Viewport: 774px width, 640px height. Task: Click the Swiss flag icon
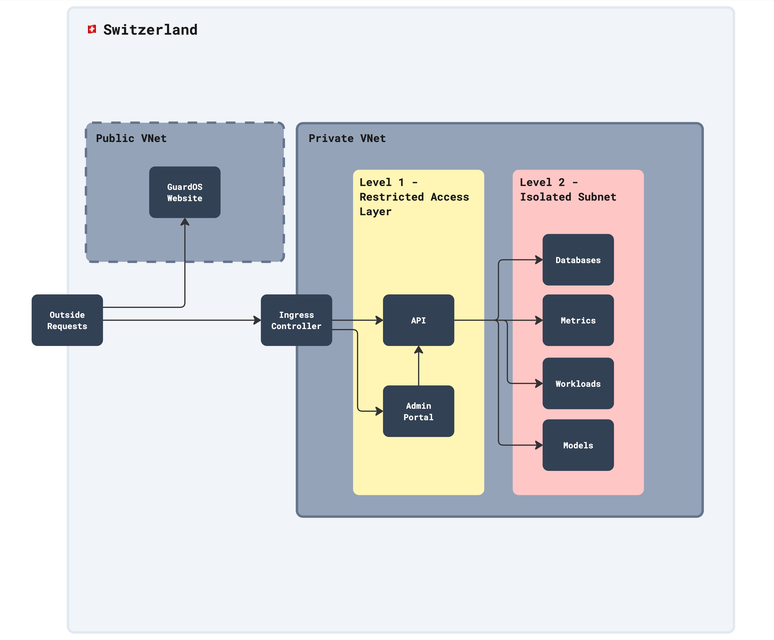click(92, 30)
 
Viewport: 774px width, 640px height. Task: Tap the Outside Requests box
click(67, 320)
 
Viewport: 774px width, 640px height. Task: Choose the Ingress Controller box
click(296, 320)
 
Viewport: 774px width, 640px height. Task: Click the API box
click(418, 320)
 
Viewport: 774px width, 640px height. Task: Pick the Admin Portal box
click(418, 411)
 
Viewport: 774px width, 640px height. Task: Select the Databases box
click(578, 260)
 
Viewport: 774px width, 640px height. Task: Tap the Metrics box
click(578, 320)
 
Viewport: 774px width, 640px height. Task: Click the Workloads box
click(578, 384)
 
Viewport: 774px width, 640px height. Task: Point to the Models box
click(578, 445)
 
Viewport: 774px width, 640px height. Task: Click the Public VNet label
click(131, 138)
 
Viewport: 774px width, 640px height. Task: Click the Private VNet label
click(347, 138)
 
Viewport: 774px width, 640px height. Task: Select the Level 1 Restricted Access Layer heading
click(414, 197)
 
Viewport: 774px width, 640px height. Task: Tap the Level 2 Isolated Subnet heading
click(568, 189)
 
